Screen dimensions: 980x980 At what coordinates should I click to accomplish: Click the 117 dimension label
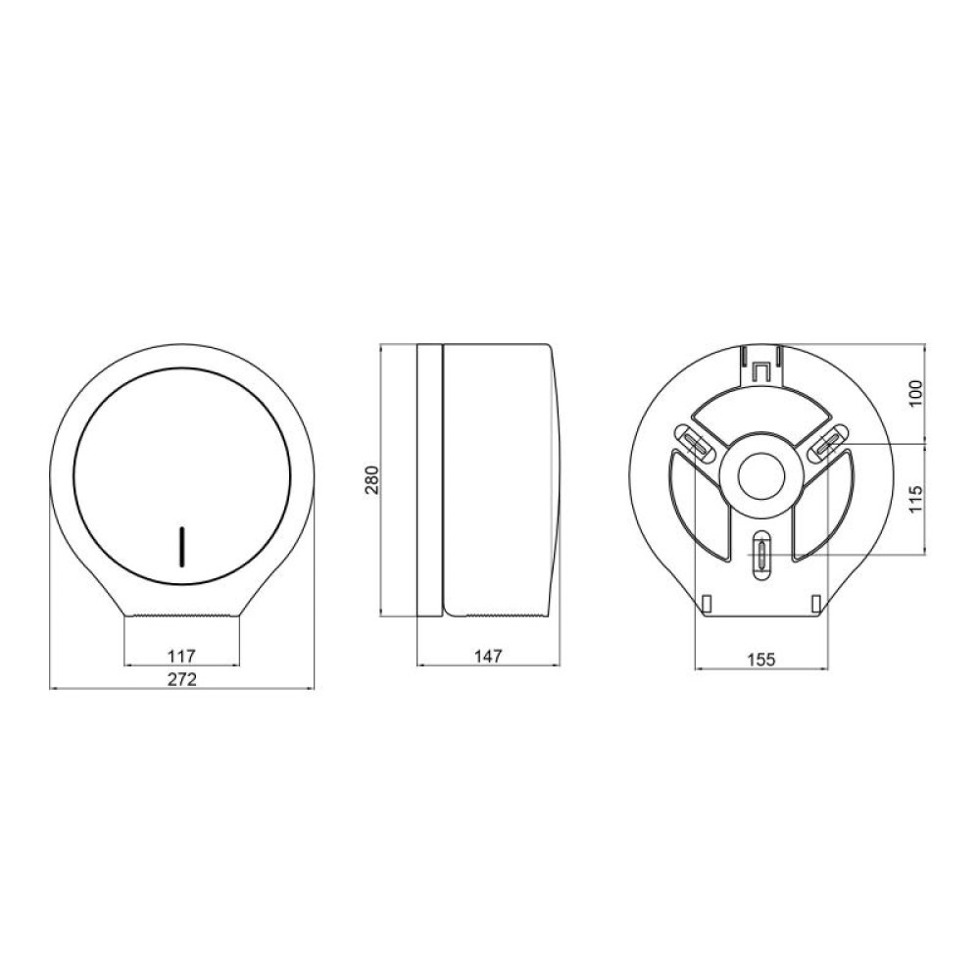pos(182,657)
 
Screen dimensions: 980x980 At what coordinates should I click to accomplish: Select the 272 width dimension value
pos(182,679)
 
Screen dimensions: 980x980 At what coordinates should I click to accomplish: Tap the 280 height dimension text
pos(372,479)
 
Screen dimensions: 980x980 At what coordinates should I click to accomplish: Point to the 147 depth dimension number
pos(488,657)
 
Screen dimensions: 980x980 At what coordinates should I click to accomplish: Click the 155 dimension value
pos(761,660)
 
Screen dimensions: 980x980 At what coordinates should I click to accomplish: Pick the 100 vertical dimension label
pos(915,393)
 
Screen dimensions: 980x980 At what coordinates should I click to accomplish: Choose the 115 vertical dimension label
pos(915,499)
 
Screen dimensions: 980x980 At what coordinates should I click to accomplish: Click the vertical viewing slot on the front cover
pos(181,547)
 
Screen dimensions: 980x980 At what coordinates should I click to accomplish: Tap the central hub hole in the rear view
pos(761,474)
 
